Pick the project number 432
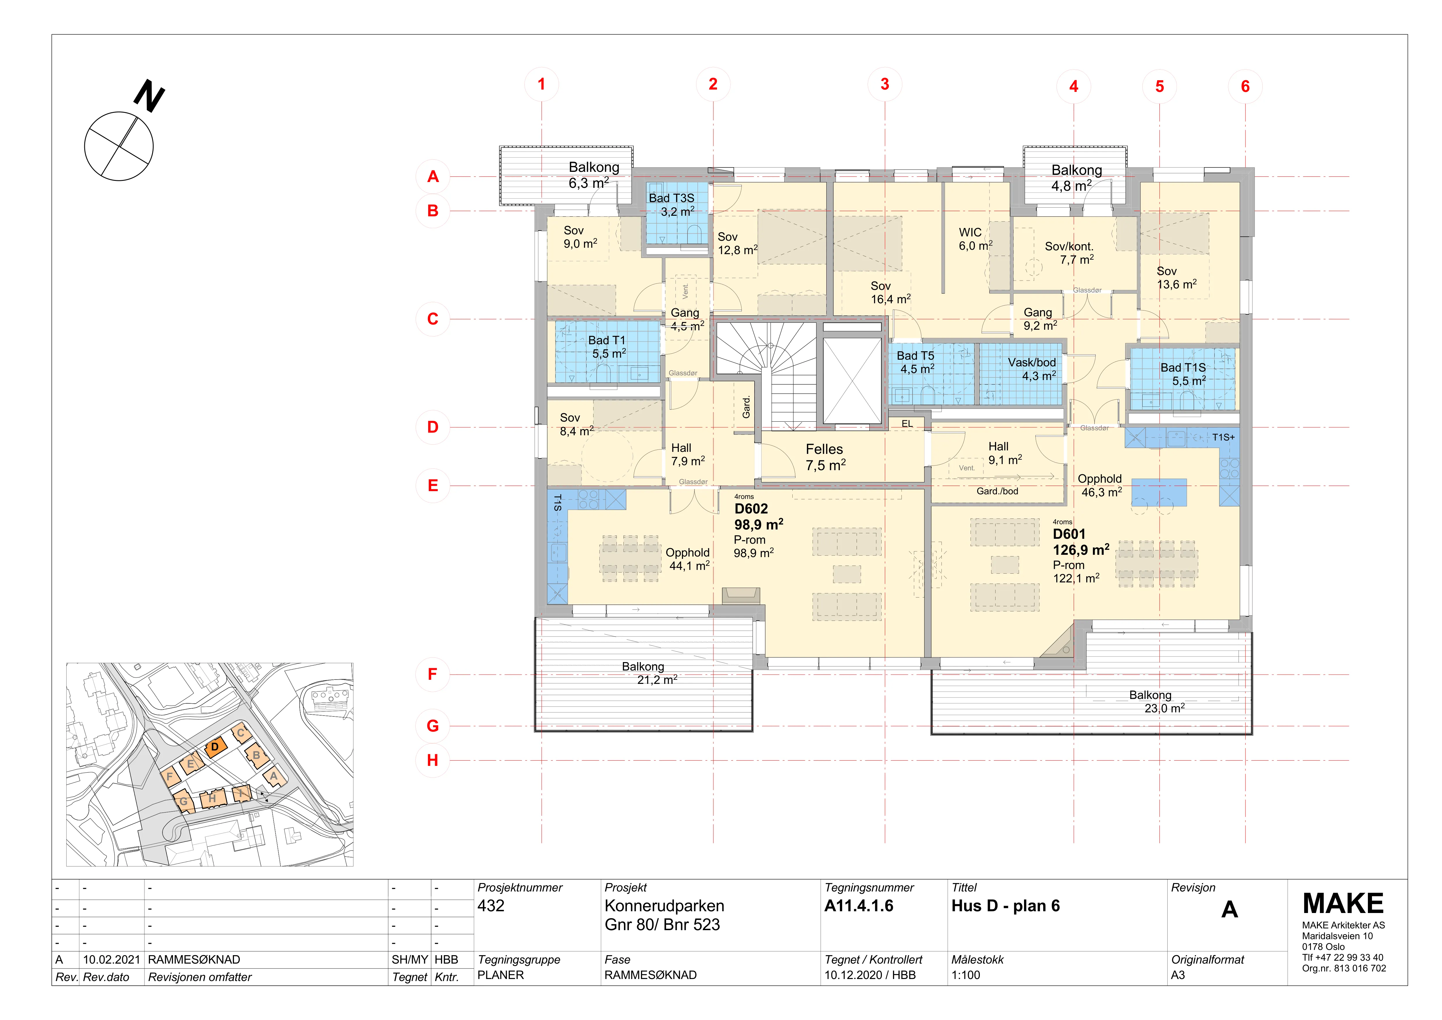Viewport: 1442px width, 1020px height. pos(491,906)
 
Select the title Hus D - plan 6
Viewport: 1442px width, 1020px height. pos(1005,906)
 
